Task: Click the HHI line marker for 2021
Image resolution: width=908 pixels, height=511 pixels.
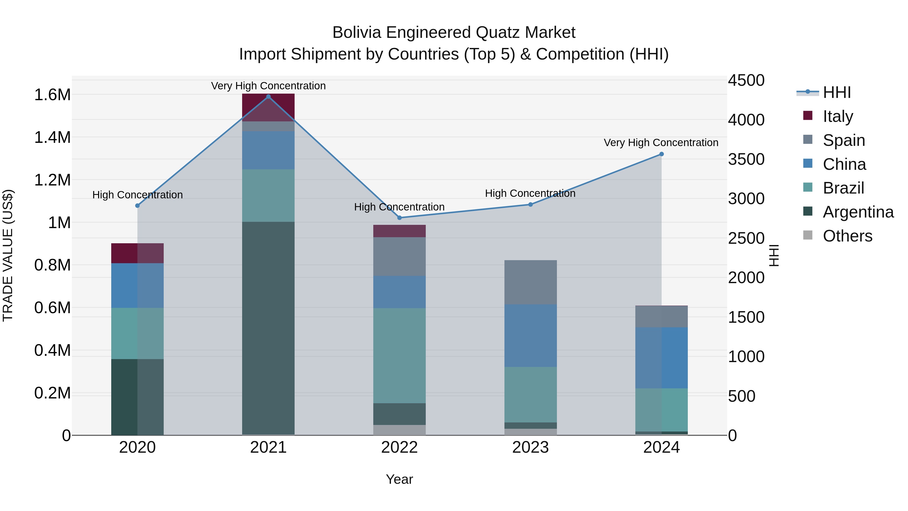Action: click(x=268, y=97)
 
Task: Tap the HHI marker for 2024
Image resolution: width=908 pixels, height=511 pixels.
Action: click(x=661, y=154)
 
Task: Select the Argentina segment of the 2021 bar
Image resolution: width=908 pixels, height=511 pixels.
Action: click(x=268, y=328)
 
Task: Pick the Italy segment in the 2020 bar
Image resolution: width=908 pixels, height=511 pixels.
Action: click(x=137, y=253)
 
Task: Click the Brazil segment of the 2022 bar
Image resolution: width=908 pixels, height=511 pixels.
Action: click(x=399, y=356)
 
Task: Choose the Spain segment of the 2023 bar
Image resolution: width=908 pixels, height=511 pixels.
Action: click(x=530, y=282)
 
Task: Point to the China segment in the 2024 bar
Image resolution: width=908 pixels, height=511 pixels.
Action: click(x=661, y=358)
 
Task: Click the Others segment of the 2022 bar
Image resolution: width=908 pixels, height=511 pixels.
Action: click(x=399, y=430)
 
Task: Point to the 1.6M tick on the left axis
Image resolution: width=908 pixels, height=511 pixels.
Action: click(x=52, y=95)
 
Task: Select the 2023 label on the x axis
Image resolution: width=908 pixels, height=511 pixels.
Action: click(x=530, y=447)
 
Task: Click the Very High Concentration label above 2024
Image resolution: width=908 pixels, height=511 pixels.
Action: click(x=661, y=143)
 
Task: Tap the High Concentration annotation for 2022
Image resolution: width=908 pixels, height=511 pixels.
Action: click(x=399, y=207)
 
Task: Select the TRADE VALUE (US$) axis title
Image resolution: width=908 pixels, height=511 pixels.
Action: click(x=8, y=255)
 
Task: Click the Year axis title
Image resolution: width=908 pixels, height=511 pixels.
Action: click(x=399, y=479)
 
